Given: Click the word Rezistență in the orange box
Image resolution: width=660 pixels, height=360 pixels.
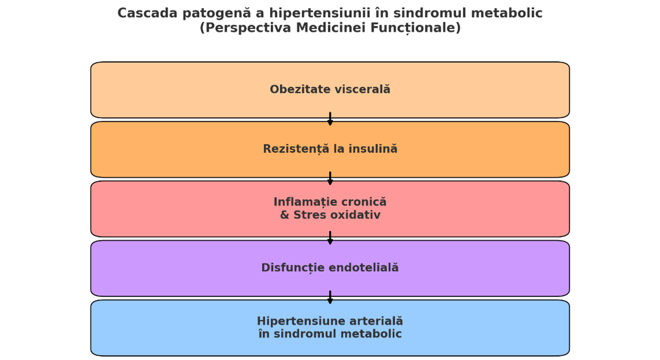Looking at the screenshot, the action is click(x=289, y=149).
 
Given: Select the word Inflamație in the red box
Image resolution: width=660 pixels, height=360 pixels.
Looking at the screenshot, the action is click(x=301, y=202).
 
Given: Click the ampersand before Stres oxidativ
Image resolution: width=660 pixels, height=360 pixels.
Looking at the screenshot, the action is click(x=285, y=215).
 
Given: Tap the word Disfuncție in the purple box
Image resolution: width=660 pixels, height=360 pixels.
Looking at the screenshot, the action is click(x=293, y=268).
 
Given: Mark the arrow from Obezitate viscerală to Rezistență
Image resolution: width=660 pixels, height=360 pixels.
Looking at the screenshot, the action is click(x=330, y=118).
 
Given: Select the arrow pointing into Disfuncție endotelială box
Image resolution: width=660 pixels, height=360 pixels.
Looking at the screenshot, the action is click(x=330, y=238).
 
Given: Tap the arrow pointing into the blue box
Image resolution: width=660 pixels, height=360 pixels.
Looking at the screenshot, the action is click(x=330, y=297).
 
